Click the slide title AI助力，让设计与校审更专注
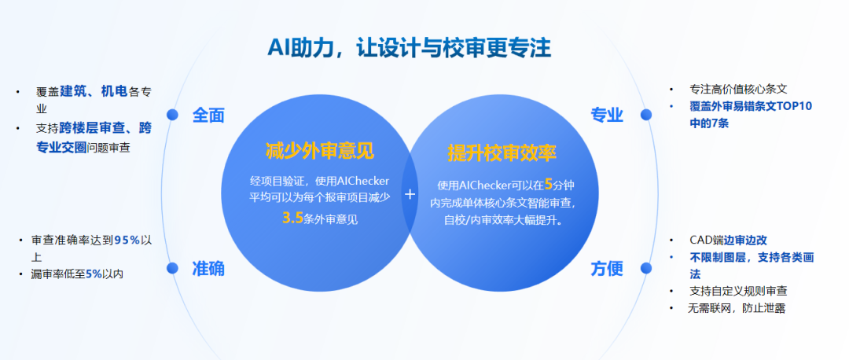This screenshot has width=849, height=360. pyautogui.click(x=409, y=48)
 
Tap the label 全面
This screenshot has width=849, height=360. pyautogui.click(x=208, y=116)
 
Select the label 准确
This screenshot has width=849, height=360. pyautogui.click(x=208, y=269)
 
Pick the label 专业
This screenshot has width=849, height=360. pyautogui.click(x=607, y=116)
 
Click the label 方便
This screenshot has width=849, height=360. pyautogui.click(x=607, y=269)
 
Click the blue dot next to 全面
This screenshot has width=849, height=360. pyautogui.click(x=173, y=115)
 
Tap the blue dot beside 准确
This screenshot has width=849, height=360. pyautogui.click(x=173, y=269)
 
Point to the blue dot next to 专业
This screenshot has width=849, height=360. pyautogui.click(x=646, y=115)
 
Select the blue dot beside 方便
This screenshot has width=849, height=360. pyautogui.click(x=646, y=269)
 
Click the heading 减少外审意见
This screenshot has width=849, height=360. pyautogui.click(x=319, y=151)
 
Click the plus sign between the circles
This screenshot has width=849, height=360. pyautogui.click(x=410, y=193)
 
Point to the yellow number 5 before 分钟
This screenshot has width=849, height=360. pyautogui.click(x=549, y=185)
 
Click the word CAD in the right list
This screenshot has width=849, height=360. pyautogui.click(x=700, y=240)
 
